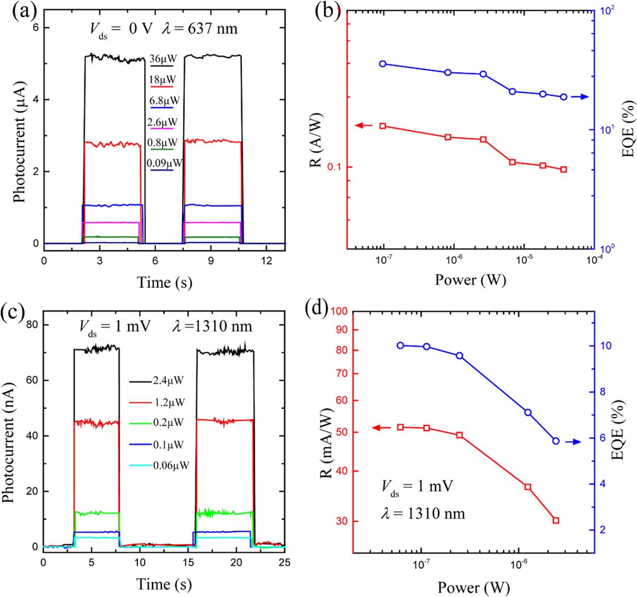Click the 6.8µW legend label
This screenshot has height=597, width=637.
pos(164,100)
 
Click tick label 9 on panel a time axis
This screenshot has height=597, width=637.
pos(210,261)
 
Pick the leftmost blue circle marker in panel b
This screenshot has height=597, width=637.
pos(383,64)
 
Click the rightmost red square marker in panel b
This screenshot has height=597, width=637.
pos(564,169)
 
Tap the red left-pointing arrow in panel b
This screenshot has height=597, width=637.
pos(364,125)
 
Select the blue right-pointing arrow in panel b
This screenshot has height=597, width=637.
pos(580,97)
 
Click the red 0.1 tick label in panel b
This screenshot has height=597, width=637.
pos(334,167)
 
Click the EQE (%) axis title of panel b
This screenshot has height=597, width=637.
pos(627,129)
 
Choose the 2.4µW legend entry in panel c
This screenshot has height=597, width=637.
pos(168,380)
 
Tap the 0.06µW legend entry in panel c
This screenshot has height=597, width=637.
pos(171,465)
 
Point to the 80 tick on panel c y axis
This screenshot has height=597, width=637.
pos(32,324)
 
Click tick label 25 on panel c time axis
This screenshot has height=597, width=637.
pos(284,563)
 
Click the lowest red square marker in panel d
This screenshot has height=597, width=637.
pos(556,520)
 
